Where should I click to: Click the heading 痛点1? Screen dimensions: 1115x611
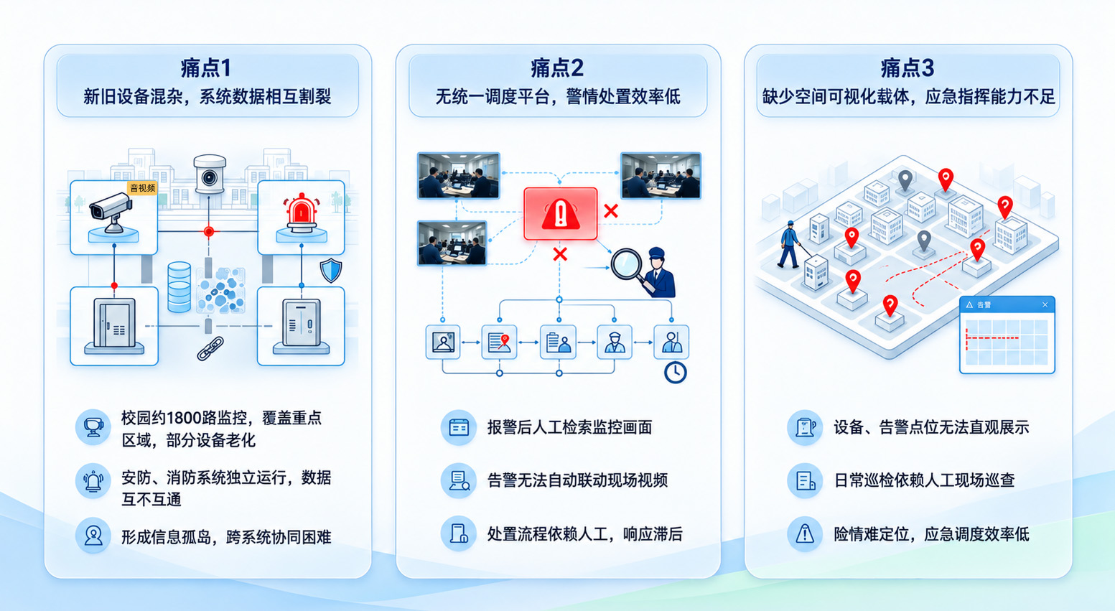(x=206, y=68)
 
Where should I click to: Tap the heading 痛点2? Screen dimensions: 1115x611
(x=557, y=68)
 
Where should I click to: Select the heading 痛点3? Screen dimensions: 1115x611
(x=908, y=68)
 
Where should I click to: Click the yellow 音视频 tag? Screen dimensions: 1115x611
(x=142, y=188)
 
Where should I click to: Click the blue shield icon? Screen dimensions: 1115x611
(x=331, y=271)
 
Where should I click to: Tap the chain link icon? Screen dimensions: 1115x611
(x=210, y=348)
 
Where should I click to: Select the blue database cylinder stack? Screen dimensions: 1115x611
(x=179, y=287)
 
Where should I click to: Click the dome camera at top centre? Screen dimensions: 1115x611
(x=210, y=174)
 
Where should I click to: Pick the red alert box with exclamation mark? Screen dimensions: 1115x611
(x=561, y=214)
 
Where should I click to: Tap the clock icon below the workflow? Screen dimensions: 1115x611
(x=676, y=373)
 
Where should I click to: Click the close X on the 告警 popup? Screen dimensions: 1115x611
(x=1045, y=304)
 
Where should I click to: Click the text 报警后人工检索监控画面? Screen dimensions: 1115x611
(x=569, y=427)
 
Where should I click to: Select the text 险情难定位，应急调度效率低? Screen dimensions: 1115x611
(x=931, y=534)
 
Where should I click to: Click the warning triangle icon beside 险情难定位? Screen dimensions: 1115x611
(x=804, y=534)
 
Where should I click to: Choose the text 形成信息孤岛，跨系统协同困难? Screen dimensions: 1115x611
(x=226, y=537)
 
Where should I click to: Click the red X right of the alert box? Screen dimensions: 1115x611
(x=611, y=210)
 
